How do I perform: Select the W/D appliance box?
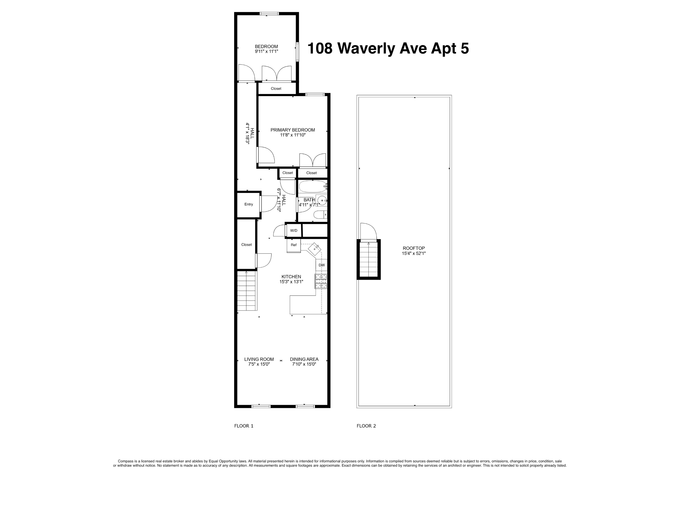click(x=293, y=231)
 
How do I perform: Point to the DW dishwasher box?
click(x=322, y=265)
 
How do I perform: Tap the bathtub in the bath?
click(x=313, y=186)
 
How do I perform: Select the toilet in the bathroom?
click(x=320, y=215)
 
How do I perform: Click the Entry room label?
click(x=248, y=204)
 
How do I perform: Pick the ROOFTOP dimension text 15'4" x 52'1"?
click(x=414, y=253)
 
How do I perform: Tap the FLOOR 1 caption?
click(x=243, y=426)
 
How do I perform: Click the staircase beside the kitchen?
click(x=247, y=291)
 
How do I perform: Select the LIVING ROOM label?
click(x=259, y=359)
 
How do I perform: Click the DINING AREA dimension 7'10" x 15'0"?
click(x=304, y=364)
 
